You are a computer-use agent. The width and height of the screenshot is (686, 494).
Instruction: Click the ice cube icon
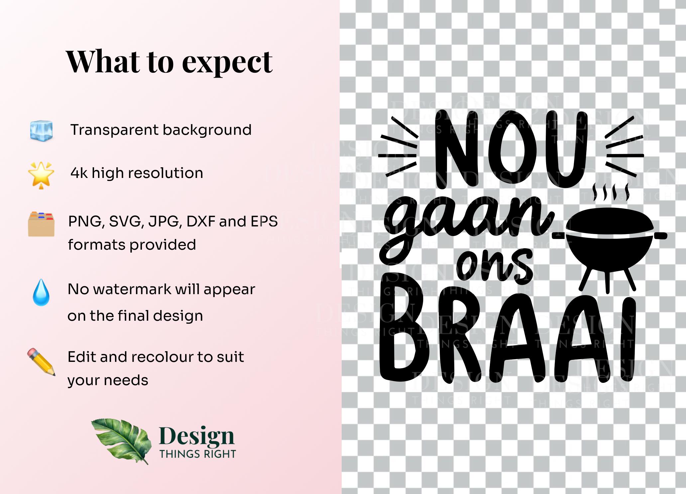point(41,130)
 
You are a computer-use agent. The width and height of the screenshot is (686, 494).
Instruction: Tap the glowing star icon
point(41,175)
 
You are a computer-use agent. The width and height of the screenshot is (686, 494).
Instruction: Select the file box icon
point(41,224)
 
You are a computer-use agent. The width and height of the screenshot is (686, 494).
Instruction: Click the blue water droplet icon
point(41,292)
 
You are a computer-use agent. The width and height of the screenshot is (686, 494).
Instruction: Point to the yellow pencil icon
point(41,362)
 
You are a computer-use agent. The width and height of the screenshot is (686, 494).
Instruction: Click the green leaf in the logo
point(121,440)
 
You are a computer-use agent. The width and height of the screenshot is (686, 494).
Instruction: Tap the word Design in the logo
point(197,436)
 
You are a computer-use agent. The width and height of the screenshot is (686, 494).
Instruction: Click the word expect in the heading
point(227,63)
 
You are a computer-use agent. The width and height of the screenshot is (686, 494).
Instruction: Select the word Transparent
point(115,130)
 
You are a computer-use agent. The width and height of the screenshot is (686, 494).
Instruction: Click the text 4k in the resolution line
point(79,173)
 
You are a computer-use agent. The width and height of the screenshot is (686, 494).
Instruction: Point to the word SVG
point(127,222)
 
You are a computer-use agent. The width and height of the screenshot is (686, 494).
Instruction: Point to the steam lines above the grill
point(611,192)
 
